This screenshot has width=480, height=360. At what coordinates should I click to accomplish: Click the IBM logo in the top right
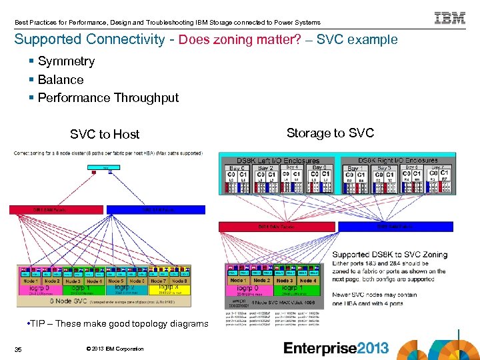click(x=450, y=18)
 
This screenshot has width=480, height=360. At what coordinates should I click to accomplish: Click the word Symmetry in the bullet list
click(x=66, y=61)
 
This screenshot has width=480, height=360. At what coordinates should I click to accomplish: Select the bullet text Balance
click(x=61, y=79)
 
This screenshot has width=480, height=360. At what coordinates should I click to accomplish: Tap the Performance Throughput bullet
click(x=108, y=98)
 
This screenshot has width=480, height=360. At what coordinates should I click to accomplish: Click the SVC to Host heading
click(x=105, y=134)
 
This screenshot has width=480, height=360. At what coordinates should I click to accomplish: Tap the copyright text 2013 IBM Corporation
click(x=115, y=349)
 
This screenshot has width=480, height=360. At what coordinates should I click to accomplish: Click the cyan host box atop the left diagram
click(x=107, y=168)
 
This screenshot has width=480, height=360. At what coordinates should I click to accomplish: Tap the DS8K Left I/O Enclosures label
click(x=278, y=161)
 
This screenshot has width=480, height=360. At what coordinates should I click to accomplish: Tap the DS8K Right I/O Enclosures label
click(x=398, y=161)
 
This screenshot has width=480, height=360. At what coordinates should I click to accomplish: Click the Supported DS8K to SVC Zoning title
click(x=389, y=254)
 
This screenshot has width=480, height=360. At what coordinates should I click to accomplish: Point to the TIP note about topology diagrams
click(x=117, y=324)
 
